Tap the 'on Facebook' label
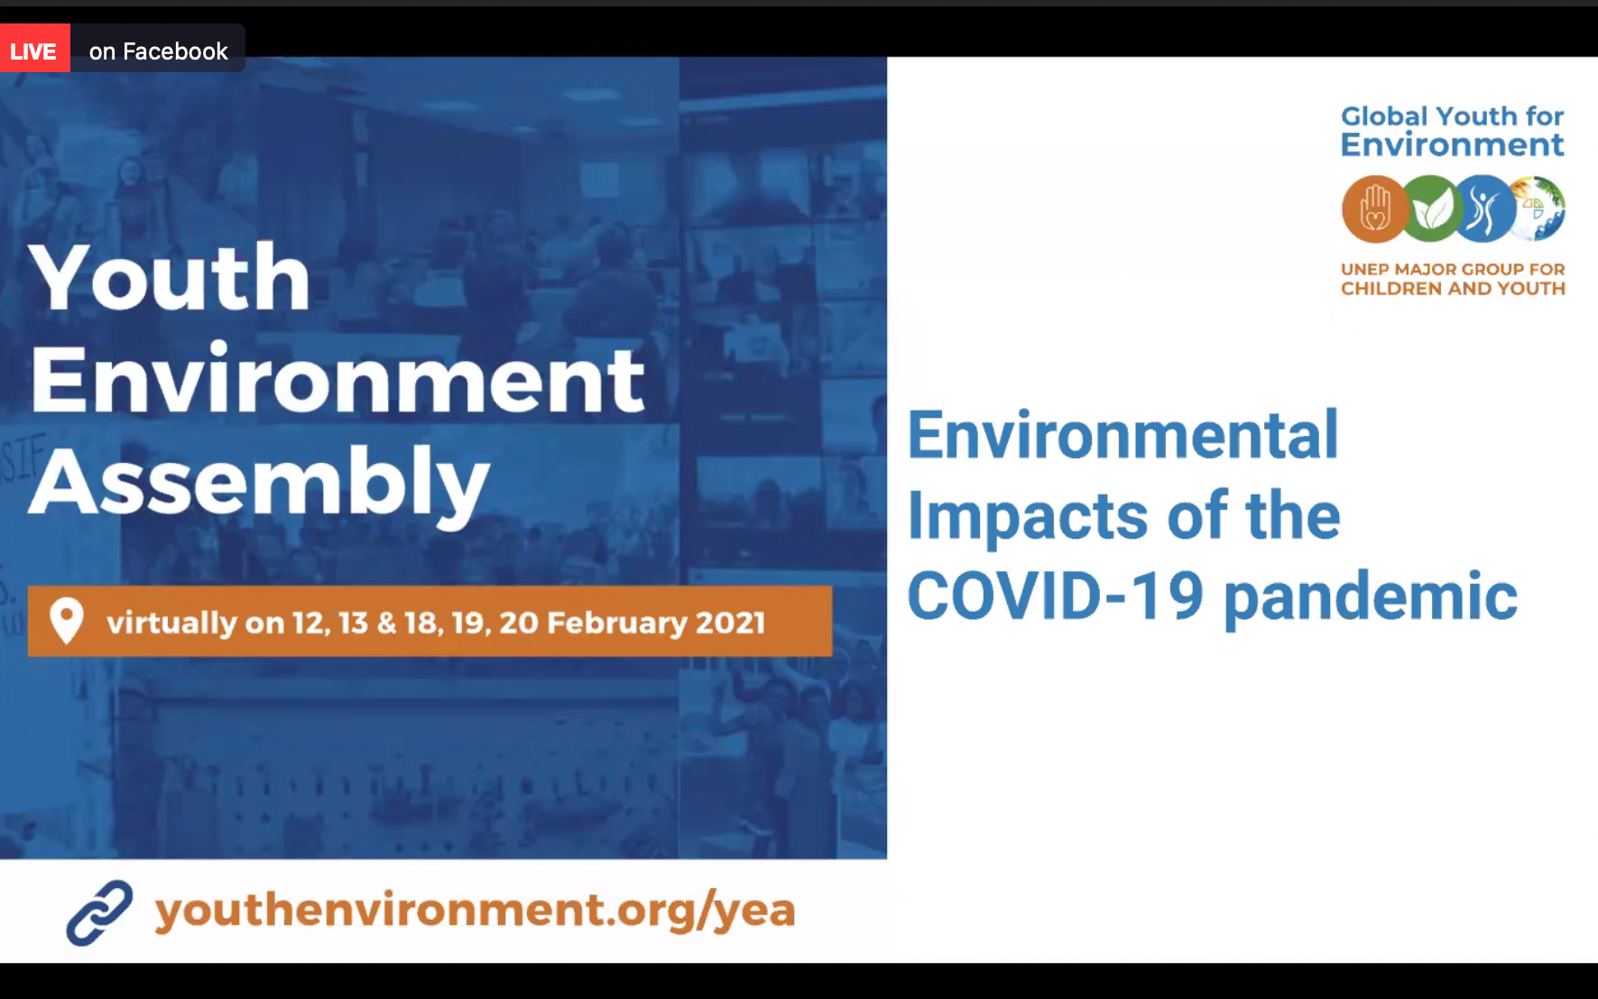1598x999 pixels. tap(159, 51)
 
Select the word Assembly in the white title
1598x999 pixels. tap(260, 482)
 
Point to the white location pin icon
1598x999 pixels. tap(66, 621)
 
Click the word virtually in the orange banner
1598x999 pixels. tap(171, 622)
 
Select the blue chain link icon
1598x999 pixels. tap(99, 912)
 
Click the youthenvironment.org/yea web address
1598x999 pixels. tap(475, 910)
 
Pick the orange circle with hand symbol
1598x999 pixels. tap(1374, 208)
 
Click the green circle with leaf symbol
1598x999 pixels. tap(1430, 208)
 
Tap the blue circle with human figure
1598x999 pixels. tap(1483, 208)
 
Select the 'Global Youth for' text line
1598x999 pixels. tap(1452, 116)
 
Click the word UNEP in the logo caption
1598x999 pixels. tap(1364, 269)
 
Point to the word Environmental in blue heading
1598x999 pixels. tap(1122, 435)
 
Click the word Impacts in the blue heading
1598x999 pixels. tap(1029, 517)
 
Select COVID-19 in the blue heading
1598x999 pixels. tap(1056, 596)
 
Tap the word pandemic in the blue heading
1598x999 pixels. tap(1371, 598)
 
